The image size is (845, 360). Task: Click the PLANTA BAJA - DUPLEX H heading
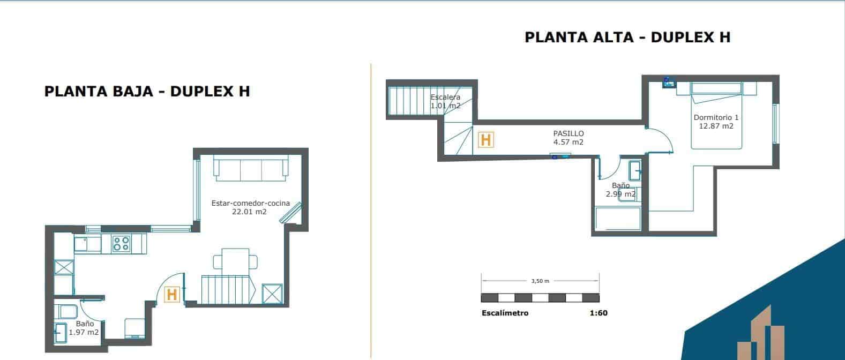tap(147, 92)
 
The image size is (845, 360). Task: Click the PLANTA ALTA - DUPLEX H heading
tap(627, 37)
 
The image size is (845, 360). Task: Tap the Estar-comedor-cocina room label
tap(251, 204)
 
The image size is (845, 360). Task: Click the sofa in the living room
tap(251, 168)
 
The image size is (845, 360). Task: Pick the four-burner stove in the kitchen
tap(121, 244)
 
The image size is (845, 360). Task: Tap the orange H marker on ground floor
tap(171, 295)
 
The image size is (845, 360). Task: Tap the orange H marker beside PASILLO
tap(485, 140)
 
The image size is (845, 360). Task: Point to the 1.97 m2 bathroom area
tap(84, 333)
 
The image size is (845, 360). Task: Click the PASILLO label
tap(569, 133)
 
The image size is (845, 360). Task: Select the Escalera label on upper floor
tap(445, 97)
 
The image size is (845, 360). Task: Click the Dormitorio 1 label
tap(716, 117)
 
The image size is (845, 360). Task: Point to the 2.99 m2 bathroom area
tap(620, 194)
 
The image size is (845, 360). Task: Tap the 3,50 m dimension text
tap(540, 281)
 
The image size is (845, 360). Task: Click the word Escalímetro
tap(505, 313)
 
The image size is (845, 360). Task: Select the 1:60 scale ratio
tap(598, 313)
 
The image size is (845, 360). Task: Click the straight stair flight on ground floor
tap(226, 290)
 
